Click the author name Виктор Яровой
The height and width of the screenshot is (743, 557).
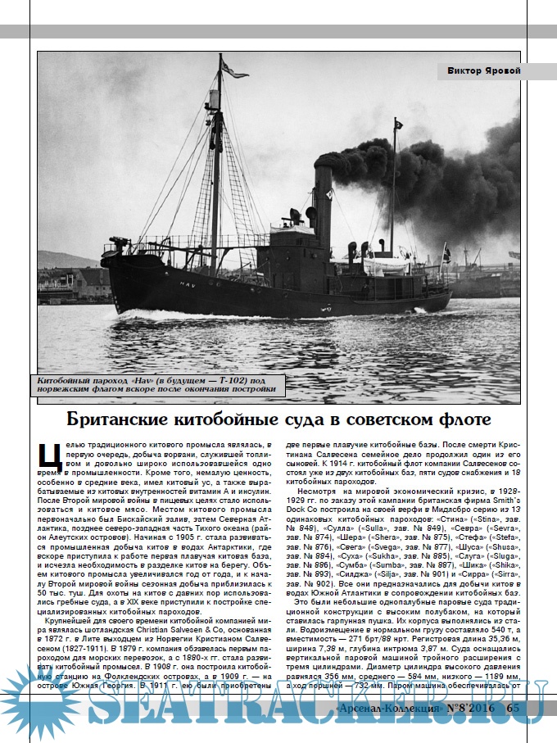[484, 70]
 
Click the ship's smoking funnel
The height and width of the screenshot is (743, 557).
[324, 205]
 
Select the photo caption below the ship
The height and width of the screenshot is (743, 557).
[156, 385]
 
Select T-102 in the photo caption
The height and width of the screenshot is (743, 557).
[224, 380]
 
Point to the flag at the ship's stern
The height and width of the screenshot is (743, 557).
[446, 255]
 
